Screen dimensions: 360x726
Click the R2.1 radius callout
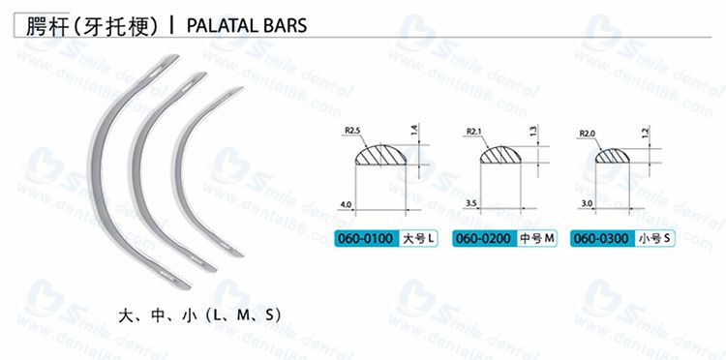coord(474,131)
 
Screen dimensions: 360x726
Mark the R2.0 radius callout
coord(587,133)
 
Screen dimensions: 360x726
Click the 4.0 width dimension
coord(346,204)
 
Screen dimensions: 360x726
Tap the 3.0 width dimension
coord(586,203)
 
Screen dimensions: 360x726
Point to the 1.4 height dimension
coord(413,128)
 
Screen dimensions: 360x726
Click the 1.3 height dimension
coord(533,130)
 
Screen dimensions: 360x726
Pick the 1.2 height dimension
coord(645,131)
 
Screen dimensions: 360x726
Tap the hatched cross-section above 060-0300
coord(613,154)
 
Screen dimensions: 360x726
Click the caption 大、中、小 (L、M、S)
coord(198,315)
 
